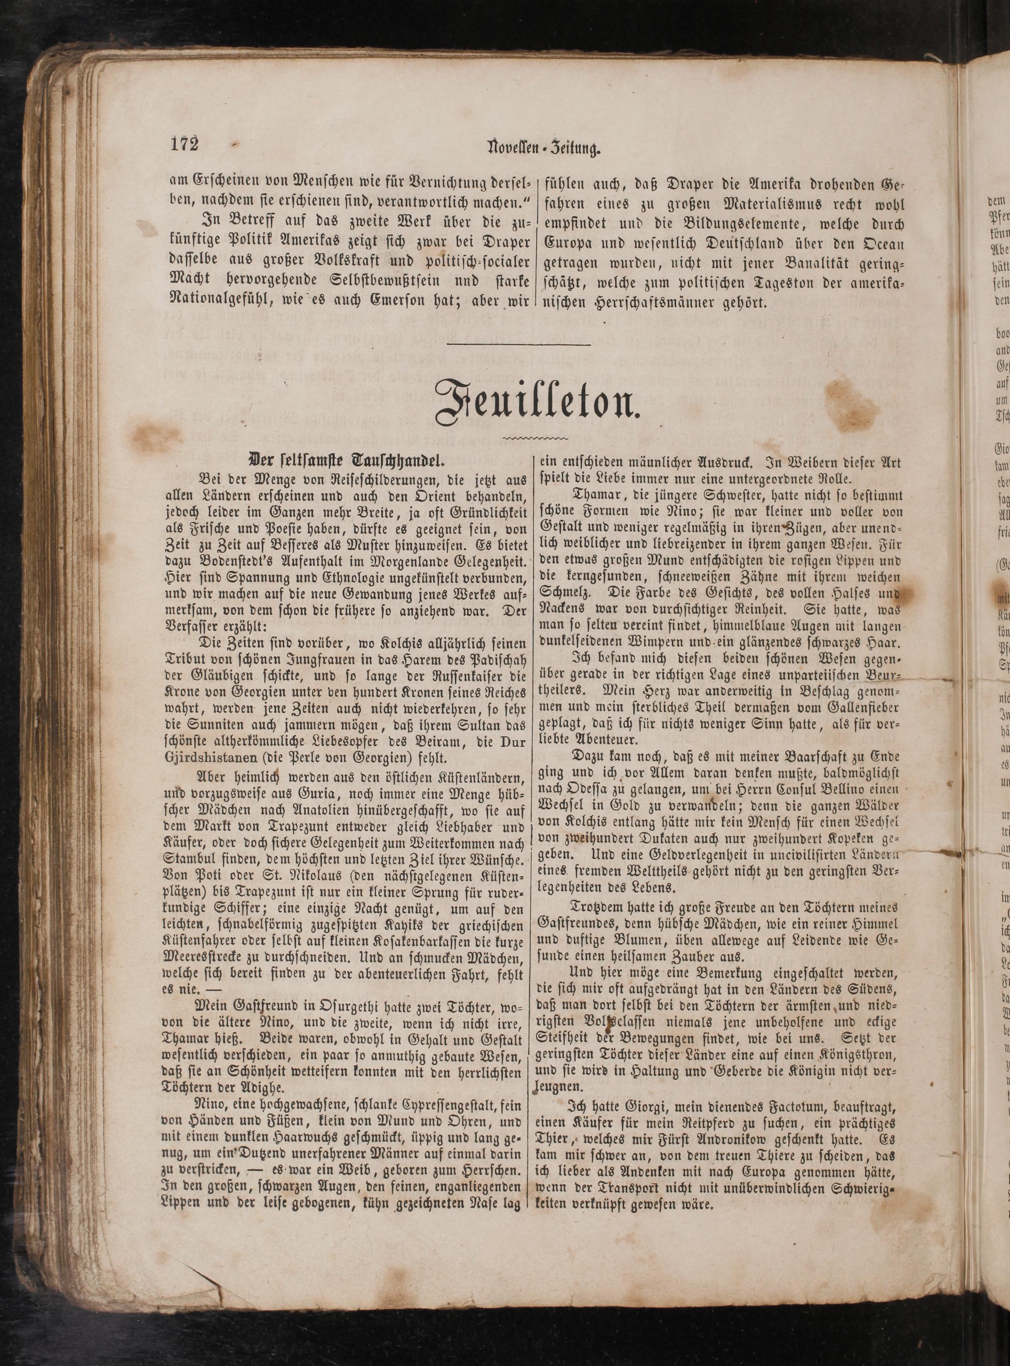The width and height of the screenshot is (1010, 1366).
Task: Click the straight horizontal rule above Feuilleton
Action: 519,346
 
